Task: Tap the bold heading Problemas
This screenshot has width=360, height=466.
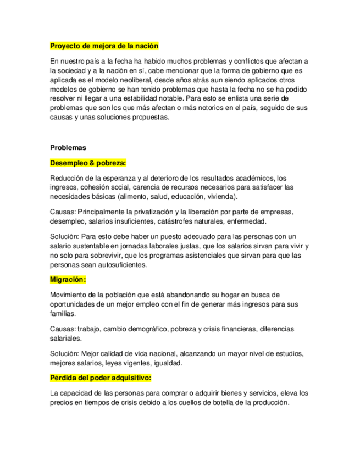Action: pos(68,148)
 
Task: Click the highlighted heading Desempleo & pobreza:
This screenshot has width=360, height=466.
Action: pos(88,163)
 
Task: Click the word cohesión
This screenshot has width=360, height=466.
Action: pos(97,187)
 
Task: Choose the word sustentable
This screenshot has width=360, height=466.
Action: pos(91,246)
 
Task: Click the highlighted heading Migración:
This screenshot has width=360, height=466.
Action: pos(68,280)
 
